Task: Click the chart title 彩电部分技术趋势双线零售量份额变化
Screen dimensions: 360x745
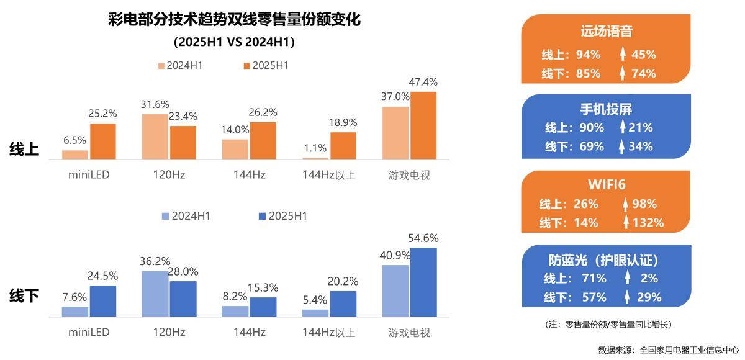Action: pos(233,20)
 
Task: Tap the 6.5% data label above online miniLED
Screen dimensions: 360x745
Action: pos(75,140)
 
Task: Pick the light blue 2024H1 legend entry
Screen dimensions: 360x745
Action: pos(186,216)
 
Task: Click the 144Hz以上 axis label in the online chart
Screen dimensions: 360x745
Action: pos(329,175)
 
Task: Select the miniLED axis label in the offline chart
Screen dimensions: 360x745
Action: pos(89,332)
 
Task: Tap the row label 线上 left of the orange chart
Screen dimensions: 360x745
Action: pos(24,149)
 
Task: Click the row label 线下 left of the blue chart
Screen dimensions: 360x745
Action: pos(24,296)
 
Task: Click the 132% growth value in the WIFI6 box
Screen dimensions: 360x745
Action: pos(648,222)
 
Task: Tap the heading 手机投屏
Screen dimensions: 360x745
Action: pos(606,109)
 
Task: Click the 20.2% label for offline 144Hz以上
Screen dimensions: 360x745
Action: pos(343,281)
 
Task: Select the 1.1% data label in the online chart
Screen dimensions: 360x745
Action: pos(316,148)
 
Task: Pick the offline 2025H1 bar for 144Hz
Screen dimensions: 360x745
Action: pos(263,307)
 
